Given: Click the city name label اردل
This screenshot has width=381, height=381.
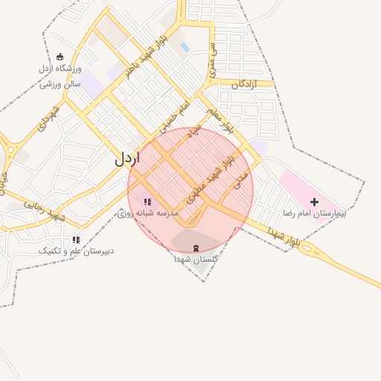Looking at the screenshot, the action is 127,159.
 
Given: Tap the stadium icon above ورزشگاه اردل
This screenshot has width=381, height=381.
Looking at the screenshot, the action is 61,57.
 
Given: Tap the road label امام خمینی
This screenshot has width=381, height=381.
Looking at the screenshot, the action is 174,114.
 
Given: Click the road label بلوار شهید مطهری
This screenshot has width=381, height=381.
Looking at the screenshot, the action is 213,170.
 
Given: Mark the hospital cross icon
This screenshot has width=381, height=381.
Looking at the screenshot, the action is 314,201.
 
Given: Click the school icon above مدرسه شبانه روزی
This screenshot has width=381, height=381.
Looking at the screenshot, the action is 147,201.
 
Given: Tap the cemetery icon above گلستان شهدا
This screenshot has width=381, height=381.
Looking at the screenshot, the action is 196,248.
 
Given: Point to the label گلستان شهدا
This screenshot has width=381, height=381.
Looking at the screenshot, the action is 196,260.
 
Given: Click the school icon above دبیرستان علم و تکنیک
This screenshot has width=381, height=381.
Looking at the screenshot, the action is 76,240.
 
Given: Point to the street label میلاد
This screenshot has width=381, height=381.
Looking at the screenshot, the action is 194,131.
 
